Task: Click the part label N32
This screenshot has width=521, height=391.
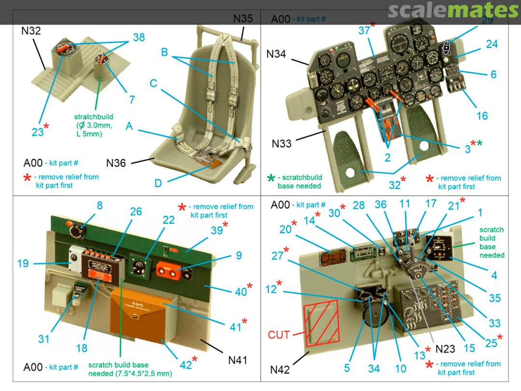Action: point(31,31)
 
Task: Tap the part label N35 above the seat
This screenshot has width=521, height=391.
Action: point(243,19)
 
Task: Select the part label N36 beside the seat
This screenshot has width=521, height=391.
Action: point(115,163)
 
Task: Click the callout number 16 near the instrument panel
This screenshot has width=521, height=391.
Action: point(482,116)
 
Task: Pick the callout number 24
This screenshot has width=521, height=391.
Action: point(492,44)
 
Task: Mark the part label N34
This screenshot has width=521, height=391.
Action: point(276,55)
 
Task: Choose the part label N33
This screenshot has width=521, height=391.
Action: point(282,144)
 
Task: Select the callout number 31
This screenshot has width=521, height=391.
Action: point(44,339)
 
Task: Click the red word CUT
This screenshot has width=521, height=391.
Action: point(279,335)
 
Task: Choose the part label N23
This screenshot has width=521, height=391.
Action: point(445,349)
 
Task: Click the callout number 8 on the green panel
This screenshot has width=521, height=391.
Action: point(99,205)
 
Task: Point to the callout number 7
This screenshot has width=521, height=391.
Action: point(132,100)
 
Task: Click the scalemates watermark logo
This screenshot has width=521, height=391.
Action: point(452,10)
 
